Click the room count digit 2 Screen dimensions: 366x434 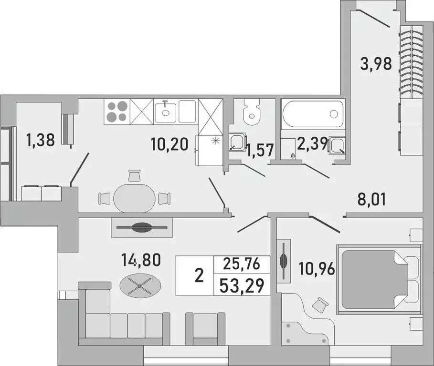point(200,275)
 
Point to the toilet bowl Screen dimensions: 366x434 point(252,112)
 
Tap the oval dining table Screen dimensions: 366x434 point(135,196)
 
